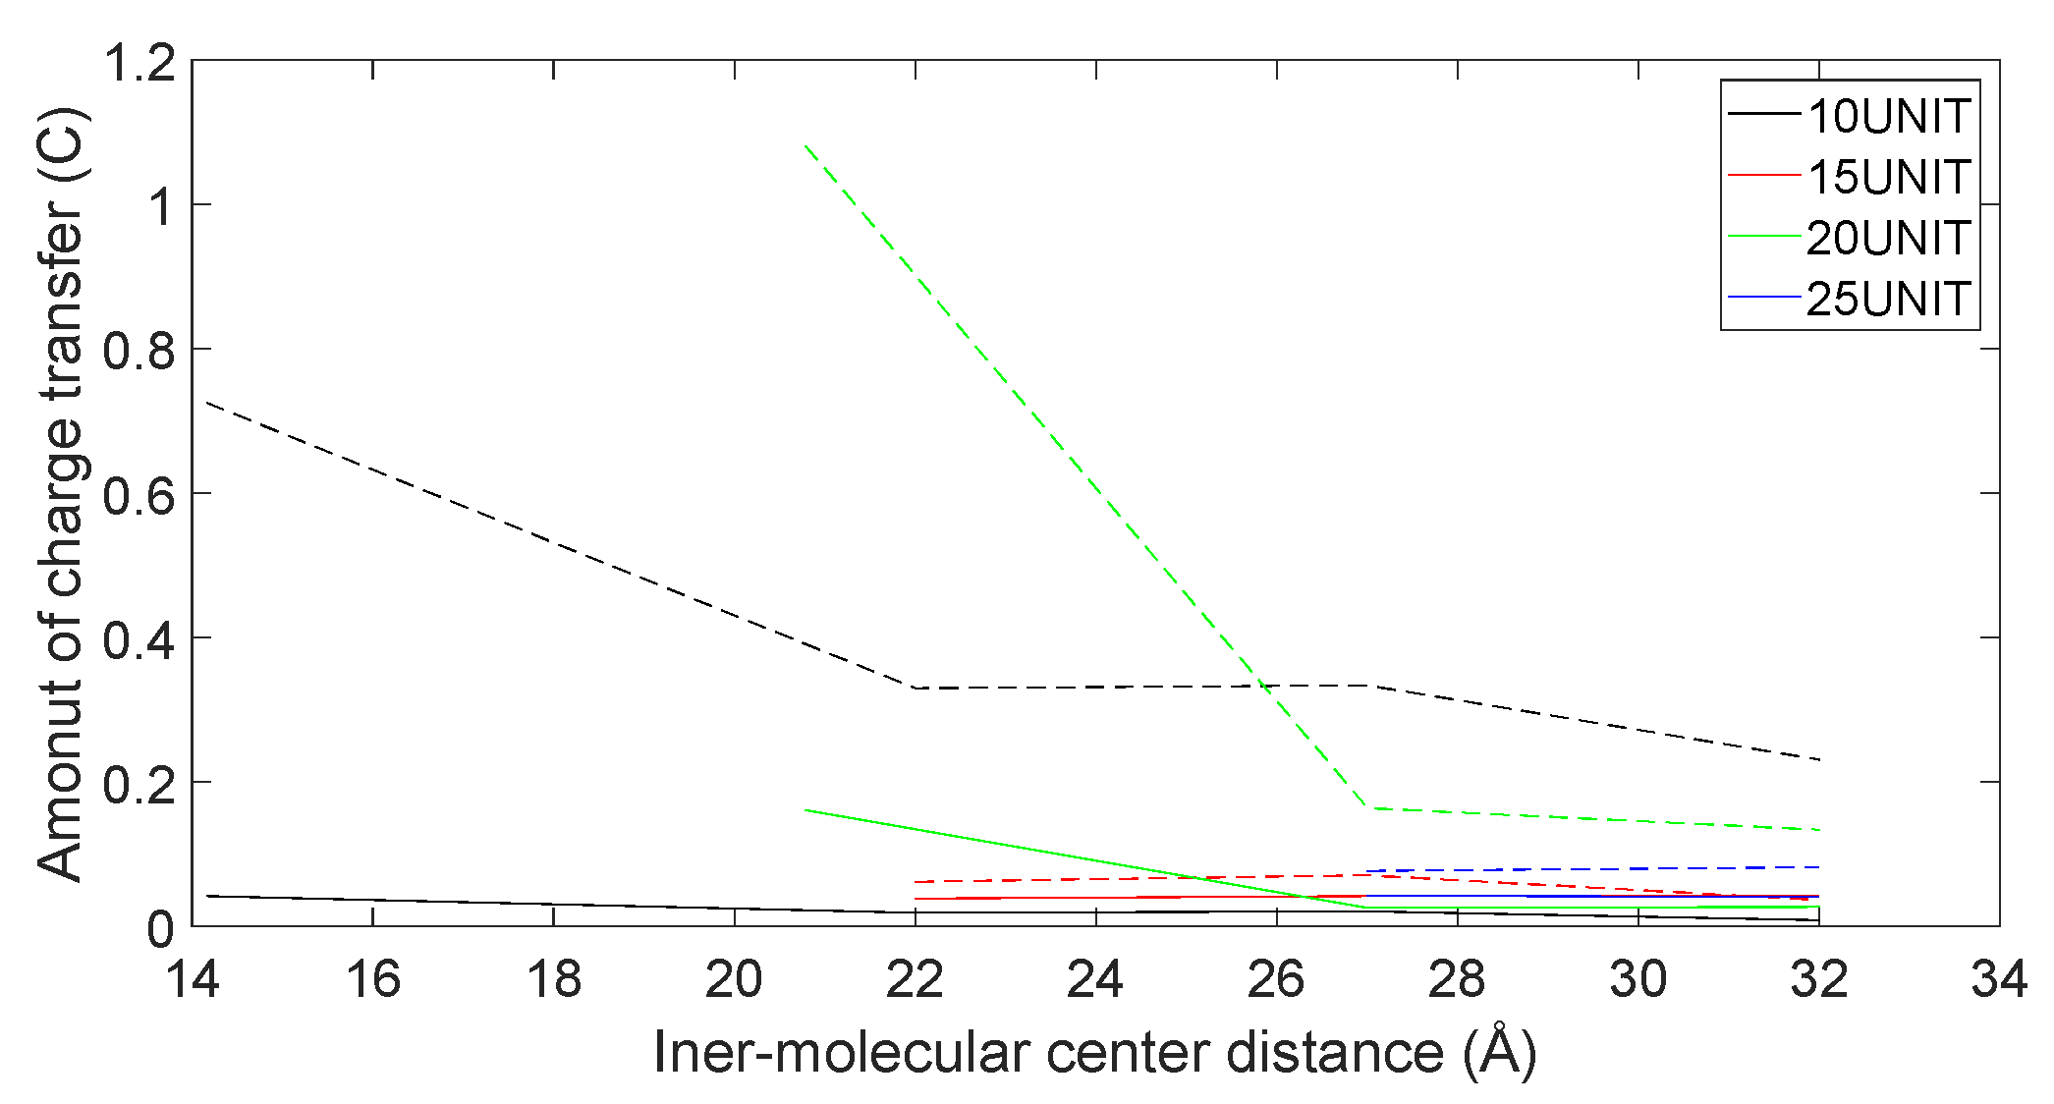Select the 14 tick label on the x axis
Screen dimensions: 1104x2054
coord(193,979)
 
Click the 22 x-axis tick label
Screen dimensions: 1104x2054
coord(915,979)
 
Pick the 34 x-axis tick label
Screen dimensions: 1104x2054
coord(1999,979)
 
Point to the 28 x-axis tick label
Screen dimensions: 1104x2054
coord(1457,979)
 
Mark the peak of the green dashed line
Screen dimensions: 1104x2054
coord(805,145)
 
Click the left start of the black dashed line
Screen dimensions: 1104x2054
coord(207,403)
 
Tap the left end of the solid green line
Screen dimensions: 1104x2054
coord(805,810)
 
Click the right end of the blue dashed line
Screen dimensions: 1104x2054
coord(1819,867)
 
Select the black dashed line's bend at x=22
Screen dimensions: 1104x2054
coord(916,688)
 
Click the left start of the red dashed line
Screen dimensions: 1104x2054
coord(916,882)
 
